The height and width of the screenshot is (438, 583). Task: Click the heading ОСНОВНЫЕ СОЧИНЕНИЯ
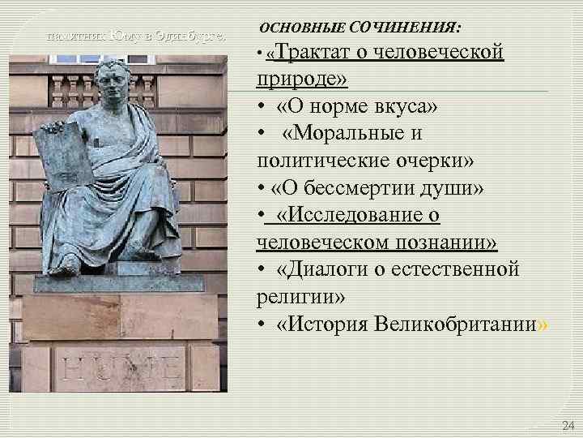point(360,28)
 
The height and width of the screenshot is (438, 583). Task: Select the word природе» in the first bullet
point(301,79)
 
